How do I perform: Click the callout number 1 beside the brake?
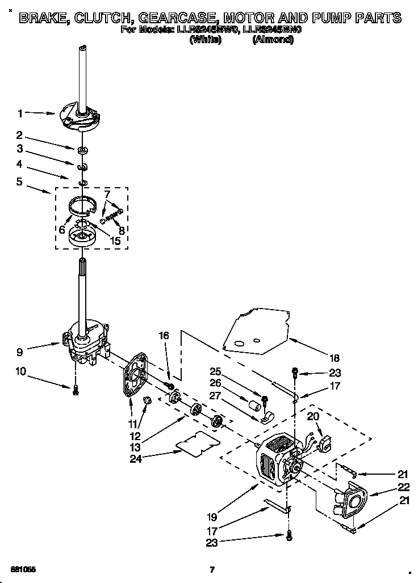pyautogui.click(x=20, y=113)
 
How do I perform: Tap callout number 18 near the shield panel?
pyautogui.click(x=334, y=358)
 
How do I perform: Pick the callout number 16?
pyautogui.click(x=164, y=336)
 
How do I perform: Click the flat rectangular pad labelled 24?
pyautogui.click(x=197, y=443)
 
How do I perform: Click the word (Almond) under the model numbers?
pyautogui.click(x=273, y=40)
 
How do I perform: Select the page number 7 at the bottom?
pyautogui.click(x=211, y=569)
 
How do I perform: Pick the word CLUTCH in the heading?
pyautogui.click(x=112, y=18)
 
